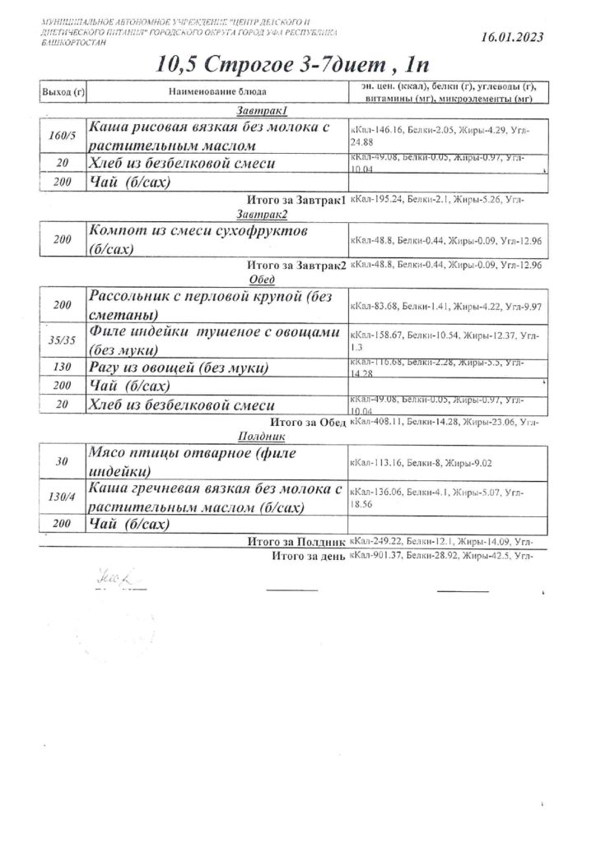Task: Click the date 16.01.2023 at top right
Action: [510, 37]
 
